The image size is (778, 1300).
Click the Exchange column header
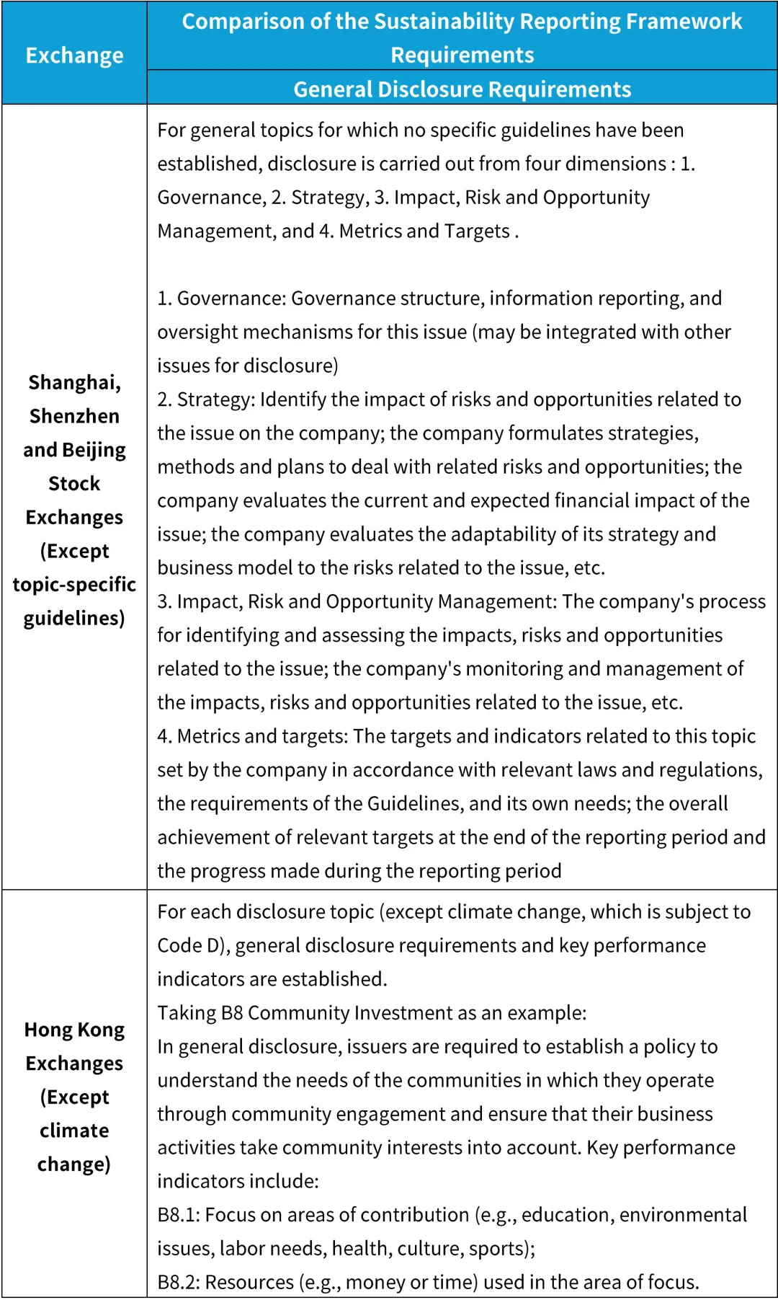tap(74, 56)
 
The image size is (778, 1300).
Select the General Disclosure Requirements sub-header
tap(462, 89)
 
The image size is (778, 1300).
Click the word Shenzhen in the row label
tap(74, 416)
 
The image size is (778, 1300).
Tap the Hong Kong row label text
tap(74, 1030)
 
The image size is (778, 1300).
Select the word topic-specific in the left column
tap(74, 584)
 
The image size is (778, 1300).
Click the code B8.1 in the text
tap(178, 1215)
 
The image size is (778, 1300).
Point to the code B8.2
tap(178, 1282)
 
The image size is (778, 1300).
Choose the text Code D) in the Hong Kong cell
tap(192, 945)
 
